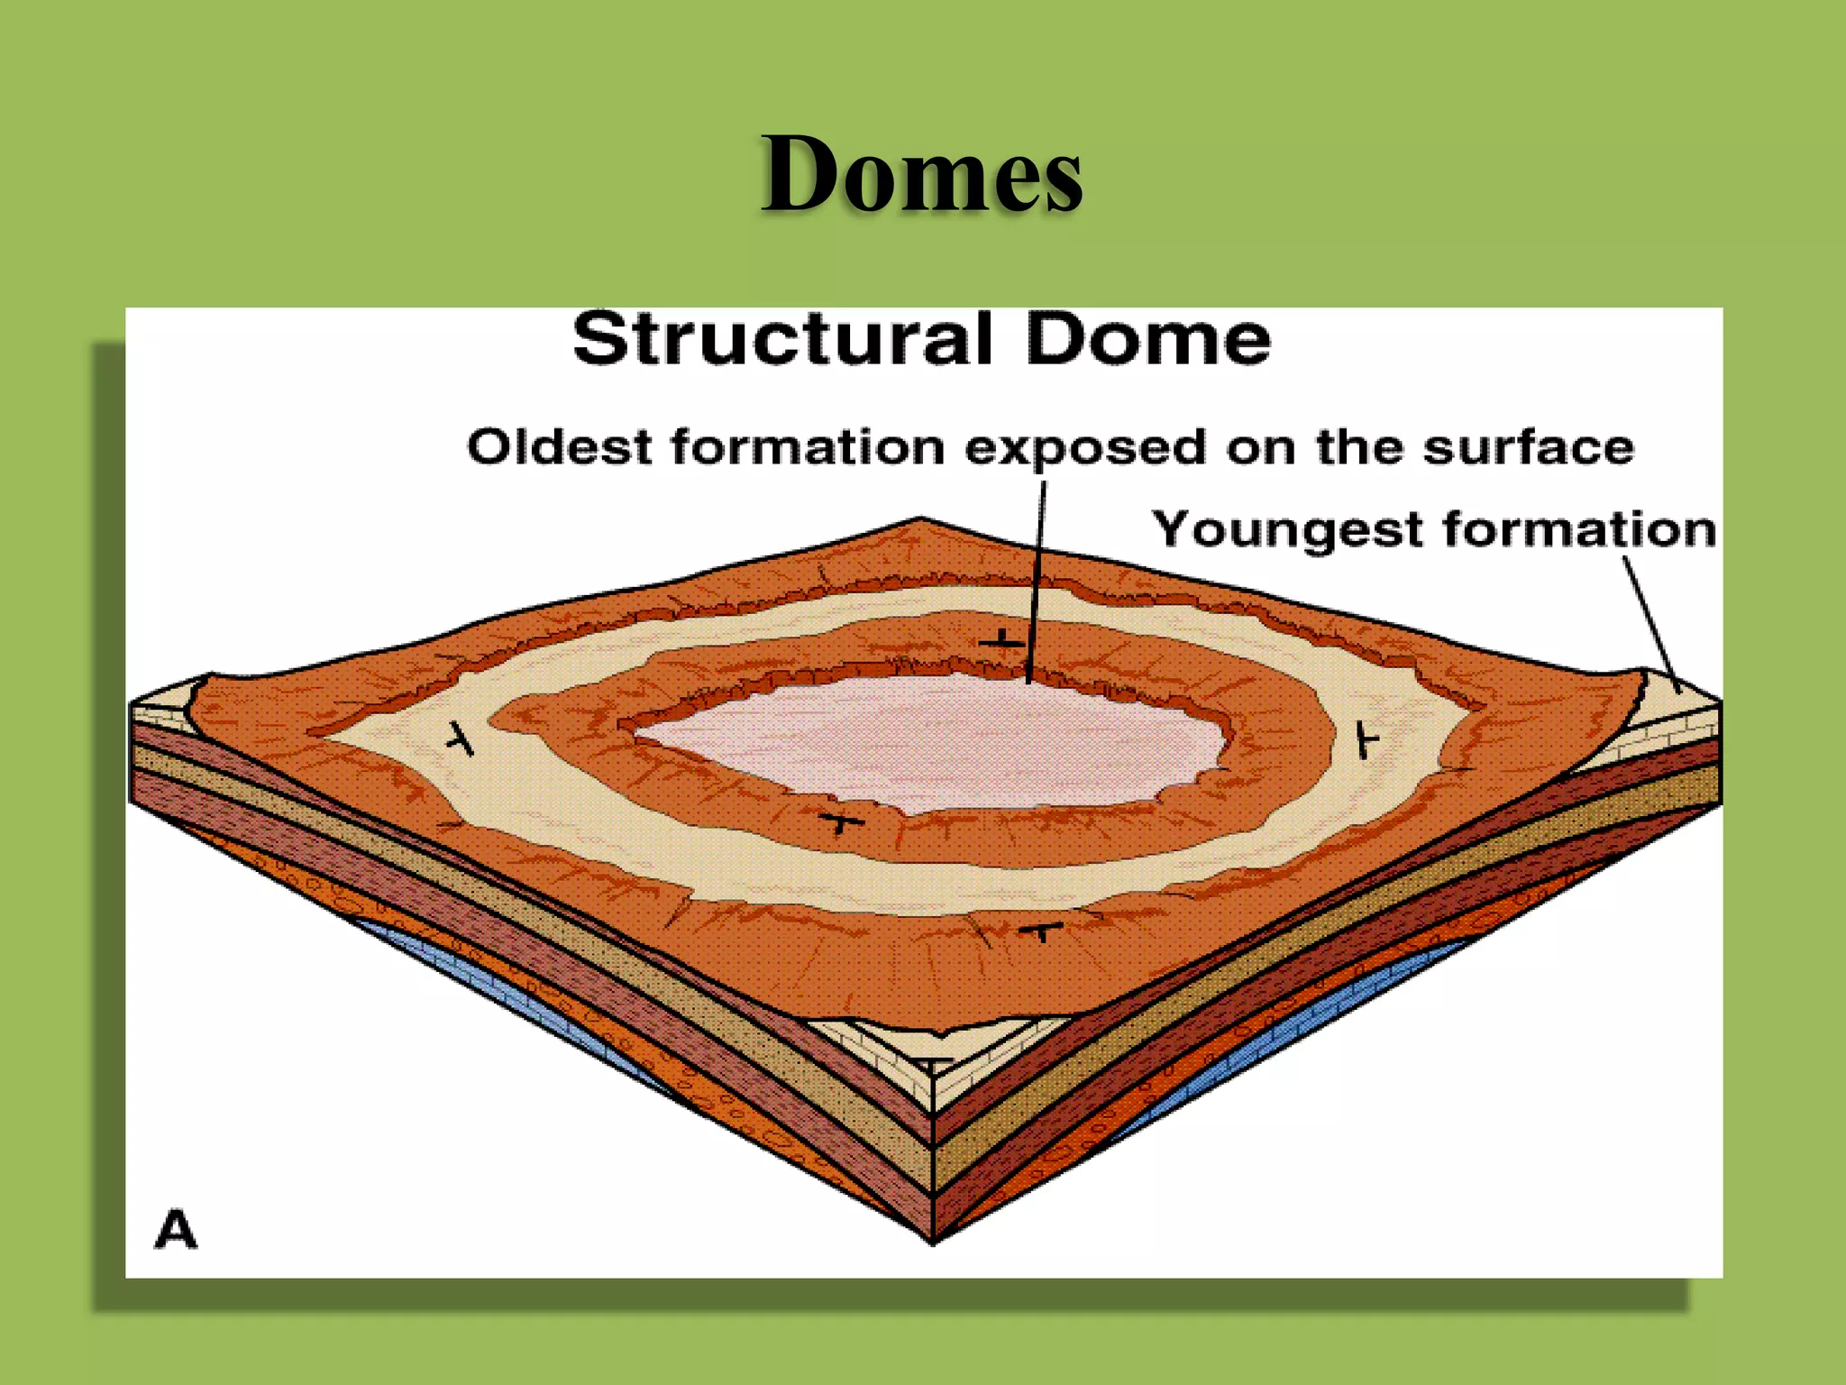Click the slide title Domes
[921, 173]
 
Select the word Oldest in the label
[559, 446]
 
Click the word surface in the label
[1528, 448]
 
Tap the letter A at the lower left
[176, 1230]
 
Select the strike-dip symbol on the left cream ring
[461, 738]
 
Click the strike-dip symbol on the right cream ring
[1366, 741]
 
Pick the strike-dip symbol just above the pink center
[1001, 641]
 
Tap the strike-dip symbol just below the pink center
[840, 822]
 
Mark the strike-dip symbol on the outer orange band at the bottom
[1041, 930]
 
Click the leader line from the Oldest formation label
[1037, 577]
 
